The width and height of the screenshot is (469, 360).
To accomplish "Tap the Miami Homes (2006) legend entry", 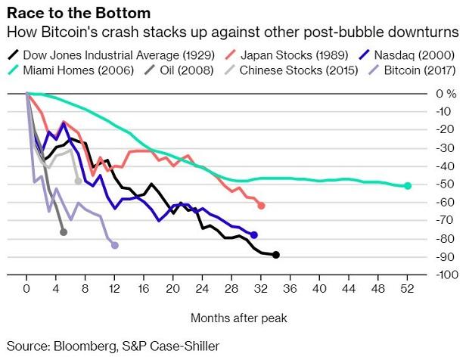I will (x=75, y=70).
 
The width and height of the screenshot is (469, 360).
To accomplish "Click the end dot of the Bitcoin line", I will (x=114, y=245).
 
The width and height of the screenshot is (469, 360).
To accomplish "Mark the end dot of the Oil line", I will (x=64, y=231).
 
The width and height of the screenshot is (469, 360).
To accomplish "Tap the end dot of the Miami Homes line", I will (x=408, y=185).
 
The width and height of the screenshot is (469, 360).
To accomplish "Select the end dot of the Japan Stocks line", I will (x=261, y=206).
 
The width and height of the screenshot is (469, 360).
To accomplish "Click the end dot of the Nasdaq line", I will (x=254, y=235).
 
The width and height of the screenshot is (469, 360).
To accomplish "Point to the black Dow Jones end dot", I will (x=276, y=255).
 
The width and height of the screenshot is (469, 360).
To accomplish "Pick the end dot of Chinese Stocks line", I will (x=78, y=181).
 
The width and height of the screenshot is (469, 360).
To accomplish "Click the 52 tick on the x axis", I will (x=408, y=288).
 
